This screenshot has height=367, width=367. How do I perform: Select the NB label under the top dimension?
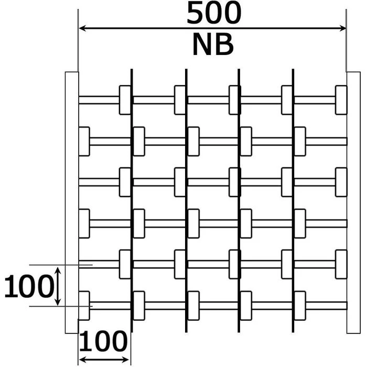coord(212,45)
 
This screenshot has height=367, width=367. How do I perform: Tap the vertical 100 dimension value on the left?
coord(29,287)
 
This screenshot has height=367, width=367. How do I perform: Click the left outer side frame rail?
coord(71,202)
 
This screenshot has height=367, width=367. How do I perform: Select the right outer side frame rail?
coord(353,202)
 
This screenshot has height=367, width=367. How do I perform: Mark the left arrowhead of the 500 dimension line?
coord(82,28)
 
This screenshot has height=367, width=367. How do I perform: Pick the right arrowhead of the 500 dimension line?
coord(343,28)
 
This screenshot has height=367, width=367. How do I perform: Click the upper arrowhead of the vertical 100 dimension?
coord(57,269)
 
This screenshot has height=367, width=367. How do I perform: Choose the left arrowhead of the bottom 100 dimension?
coord(81,360)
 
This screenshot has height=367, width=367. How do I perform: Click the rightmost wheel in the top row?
coord(341,100)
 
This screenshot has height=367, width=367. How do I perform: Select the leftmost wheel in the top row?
coord(125,100)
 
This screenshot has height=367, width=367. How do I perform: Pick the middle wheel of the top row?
coord(235,100)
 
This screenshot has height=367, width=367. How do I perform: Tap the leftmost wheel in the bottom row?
coord(84,305)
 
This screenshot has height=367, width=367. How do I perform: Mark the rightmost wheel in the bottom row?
coord(300,305)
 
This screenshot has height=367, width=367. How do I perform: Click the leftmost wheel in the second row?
coord(84,142)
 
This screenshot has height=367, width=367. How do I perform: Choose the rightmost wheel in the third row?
coord(341,182)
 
